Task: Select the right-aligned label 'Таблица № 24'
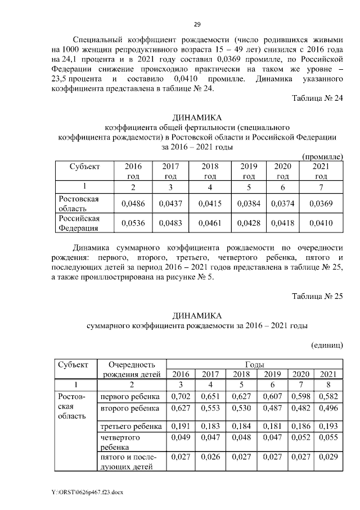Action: pos(317,99)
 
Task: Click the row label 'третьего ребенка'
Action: pos(130,426)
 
